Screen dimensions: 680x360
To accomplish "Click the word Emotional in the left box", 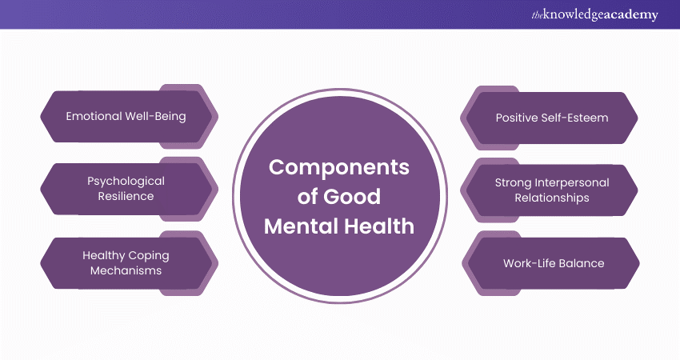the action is click(x=94, y=116).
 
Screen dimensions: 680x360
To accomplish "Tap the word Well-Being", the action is click(x=156, y=117).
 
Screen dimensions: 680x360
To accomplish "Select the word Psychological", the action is click(x=126, y=182).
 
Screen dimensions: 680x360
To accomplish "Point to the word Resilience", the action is click(x=126, y=196).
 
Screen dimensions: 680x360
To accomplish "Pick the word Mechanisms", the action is click(x=126, y=270).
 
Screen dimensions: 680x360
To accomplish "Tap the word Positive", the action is click(x=516, y=118).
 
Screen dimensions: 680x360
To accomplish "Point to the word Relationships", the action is click(x=552, y=198).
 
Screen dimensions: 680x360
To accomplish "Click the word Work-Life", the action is click(x=528, y=263).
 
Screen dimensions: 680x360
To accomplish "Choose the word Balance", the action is click(x=580, y=263).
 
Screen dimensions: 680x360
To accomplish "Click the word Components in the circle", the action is click(x=339, y=167).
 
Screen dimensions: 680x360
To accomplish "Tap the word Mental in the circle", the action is click(x=301, y=226).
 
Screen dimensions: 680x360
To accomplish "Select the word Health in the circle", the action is click(x=379, y=226).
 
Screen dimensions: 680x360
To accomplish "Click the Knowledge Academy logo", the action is click(x=595, y=14).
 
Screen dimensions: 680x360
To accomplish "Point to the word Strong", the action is click(x=513, y=182).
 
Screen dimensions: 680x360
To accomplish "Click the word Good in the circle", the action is click(x=352, y=197).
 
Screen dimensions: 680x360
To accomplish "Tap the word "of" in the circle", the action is click(x=307, y=197).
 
